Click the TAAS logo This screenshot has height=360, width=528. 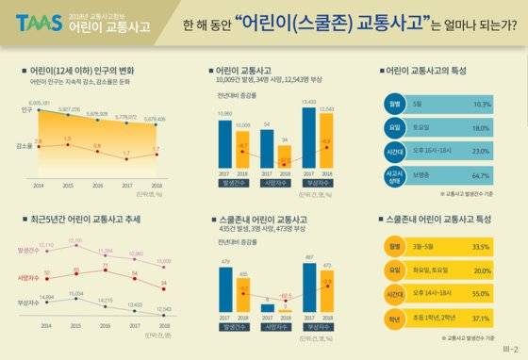[x=37, y=21]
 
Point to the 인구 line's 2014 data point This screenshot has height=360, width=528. [x=38, y=109]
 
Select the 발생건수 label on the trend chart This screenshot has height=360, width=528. [x=25, y=250]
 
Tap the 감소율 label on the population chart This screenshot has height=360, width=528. [x=24, y=146]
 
